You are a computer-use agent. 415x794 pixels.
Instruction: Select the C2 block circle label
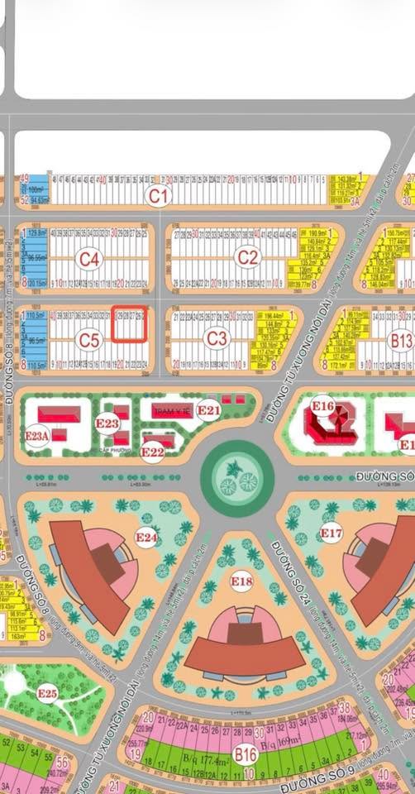248,258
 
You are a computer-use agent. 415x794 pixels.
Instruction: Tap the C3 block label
217,338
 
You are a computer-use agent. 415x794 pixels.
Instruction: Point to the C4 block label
89,260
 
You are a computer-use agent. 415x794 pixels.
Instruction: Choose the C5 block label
89,339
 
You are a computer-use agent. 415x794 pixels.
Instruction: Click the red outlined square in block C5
130,324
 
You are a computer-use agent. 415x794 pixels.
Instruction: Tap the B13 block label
401,339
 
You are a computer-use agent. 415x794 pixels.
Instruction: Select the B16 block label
245,754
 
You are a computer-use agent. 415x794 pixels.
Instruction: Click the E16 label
322,406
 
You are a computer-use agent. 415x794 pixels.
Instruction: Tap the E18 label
241,582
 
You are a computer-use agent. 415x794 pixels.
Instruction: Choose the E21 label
209,409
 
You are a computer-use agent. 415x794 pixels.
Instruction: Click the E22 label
152,452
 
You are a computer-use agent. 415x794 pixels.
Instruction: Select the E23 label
107,423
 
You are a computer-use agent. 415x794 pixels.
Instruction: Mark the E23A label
38,436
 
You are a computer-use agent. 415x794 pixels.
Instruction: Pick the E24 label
146,538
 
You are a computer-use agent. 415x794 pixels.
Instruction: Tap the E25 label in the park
47,693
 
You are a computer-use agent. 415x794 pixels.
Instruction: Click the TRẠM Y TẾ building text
172,410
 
